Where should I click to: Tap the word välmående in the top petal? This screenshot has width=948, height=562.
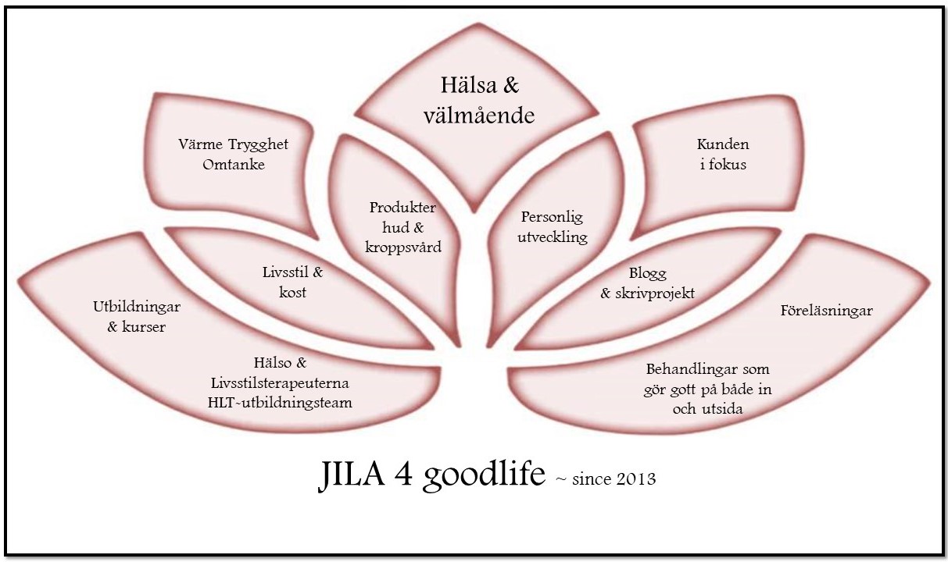click(x=478, y=116)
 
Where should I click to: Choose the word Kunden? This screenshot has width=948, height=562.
click(x=723, y=144)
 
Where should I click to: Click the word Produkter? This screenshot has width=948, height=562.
click(x=402, y=208)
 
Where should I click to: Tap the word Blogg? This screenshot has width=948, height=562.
click(x=648, y=273)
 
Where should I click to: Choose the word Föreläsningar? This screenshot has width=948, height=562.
click(x=826, y=311)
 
